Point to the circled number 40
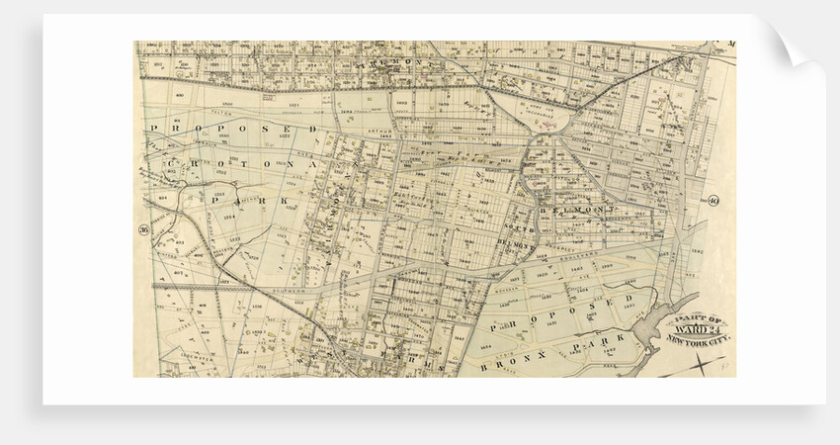(713, 201)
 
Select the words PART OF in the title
(698, 318)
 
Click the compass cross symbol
(701, 367)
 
